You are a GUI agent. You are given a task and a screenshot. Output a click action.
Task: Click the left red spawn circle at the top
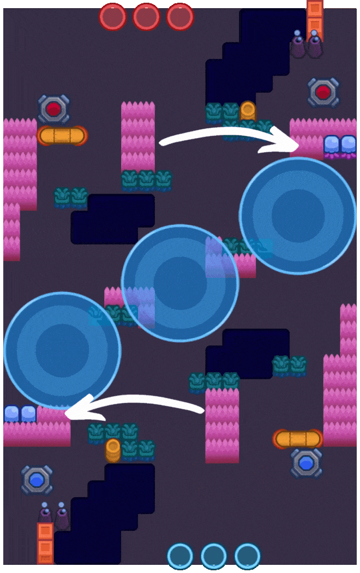113,17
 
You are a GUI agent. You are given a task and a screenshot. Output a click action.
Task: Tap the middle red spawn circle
146,17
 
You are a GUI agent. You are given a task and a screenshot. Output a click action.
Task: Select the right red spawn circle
180,17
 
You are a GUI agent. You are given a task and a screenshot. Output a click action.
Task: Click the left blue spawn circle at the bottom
180,556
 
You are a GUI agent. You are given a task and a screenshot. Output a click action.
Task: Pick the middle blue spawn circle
214,556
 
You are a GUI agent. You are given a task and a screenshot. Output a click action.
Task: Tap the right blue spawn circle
248,556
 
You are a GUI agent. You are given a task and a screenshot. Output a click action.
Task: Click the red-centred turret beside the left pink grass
53,109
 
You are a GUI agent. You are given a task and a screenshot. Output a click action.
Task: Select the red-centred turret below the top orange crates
323,92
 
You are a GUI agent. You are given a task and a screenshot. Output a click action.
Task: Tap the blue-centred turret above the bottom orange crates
37,480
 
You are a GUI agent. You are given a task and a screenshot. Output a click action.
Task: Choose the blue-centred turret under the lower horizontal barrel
305,463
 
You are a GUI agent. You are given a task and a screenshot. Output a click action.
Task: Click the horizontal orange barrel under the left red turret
62,135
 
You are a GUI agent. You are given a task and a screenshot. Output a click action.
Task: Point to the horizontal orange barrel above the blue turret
298,439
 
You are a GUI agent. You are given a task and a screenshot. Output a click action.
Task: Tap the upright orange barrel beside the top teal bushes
248,111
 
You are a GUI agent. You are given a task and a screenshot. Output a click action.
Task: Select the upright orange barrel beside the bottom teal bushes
113,450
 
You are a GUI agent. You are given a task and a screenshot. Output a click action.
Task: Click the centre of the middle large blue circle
180,283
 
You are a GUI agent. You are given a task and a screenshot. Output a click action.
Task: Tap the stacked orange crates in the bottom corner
45,542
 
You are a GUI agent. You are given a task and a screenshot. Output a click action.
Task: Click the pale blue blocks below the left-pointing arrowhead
20,414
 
